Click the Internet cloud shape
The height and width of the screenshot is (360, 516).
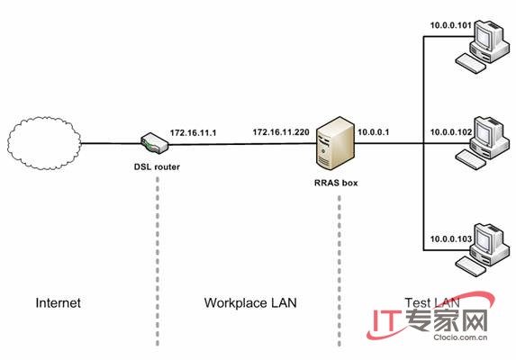point(44,143)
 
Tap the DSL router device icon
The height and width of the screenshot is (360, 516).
point(154,143)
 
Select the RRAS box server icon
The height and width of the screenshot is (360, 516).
point(335,143)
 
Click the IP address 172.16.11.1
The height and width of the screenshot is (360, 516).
point(194,133)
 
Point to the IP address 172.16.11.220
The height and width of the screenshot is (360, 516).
point(281,132)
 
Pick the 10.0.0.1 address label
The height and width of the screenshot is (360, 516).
point(374,132)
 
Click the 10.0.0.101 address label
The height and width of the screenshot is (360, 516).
point(451,25)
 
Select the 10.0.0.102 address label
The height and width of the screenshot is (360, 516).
point(451,132)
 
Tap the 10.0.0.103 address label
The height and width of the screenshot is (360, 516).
point(451,239)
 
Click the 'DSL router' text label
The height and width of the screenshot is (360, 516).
point(157,167)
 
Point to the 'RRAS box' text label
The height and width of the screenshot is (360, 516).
point(336,183)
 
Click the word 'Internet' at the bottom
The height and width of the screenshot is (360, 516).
point(58,302)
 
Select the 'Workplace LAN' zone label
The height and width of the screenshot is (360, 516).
point(250,302)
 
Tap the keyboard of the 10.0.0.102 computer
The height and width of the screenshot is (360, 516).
point(471,160)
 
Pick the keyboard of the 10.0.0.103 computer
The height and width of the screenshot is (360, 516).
point(471,266)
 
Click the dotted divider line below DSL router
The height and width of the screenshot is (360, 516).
point(158,261)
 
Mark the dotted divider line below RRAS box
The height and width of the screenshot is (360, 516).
point(339,271)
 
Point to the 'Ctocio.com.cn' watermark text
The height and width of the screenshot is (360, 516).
point(460,337)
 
